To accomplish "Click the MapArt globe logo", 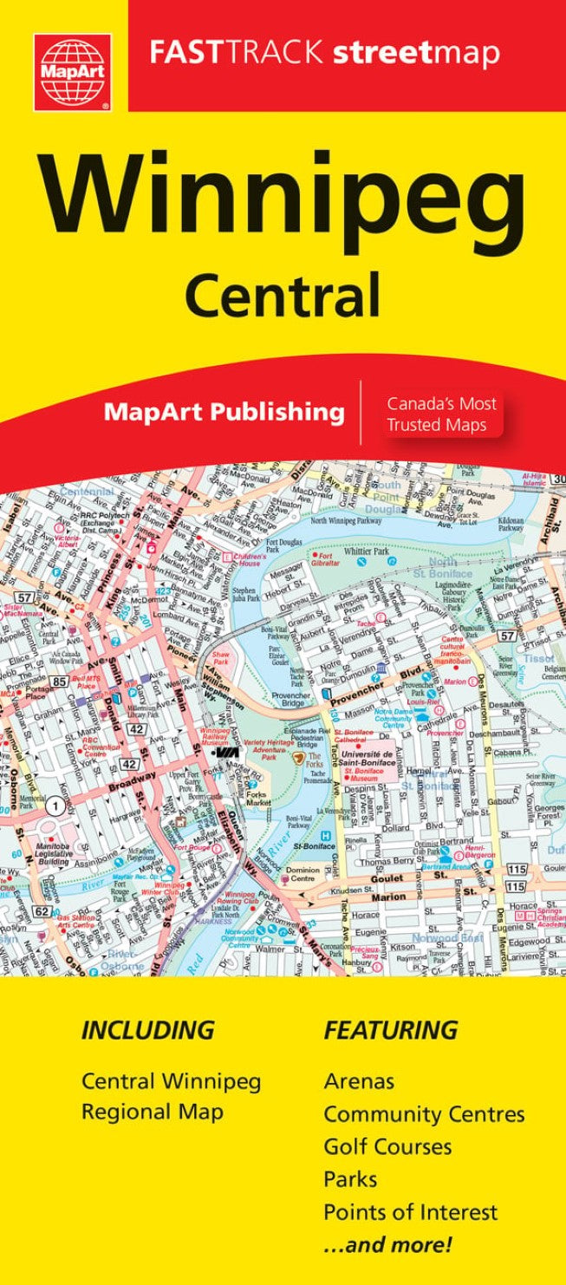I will click(73, 73).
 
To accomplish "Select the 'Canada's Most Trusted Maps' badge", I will click(441, 414).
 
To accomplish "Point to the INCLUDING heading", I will click(147, 1031).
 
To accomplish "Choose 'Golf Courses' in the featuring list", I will click(387, 1146).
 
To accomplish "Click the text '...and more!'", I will click(387, 1246).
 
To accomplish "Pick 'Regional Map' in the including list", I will click(153, 1112).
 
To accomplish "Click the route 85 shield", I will click(59, 682).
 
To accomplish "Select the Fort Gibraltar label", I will click(326, 558).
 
